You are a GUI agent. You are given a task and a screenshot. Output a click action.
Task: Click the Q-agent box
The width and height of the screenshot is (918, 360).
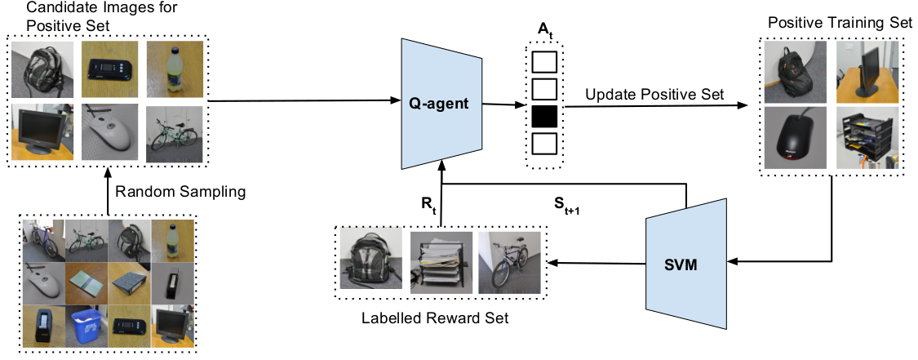click(441, 104)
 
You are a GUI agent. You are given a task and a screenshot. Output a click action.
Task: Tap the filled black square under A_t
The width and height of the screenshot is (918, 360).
click(544, 118)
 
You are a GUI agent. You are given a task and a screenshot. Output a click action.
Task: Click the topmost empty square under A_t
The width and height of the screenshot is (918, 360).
click(544, 61)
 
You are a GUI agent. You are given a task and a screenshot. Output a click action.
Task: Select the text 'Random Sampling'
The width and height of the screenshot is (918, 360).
click(180, 191)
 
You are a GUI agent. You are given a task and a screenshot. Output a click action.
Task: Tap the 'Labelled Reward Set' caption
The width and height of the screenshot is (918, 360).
click(435, 318)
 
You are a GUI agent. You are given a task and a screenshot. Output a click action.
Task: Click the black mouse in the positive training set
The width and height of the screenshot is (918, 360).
click(796, 138)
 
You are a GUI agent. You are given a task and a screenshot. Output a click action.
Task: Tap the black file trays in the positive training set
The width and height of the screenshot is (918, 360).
click(867, 138)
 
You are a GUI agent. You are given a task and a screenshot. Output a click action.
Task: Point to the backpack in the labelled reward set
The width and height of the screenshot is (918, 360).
click(371, 260)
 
